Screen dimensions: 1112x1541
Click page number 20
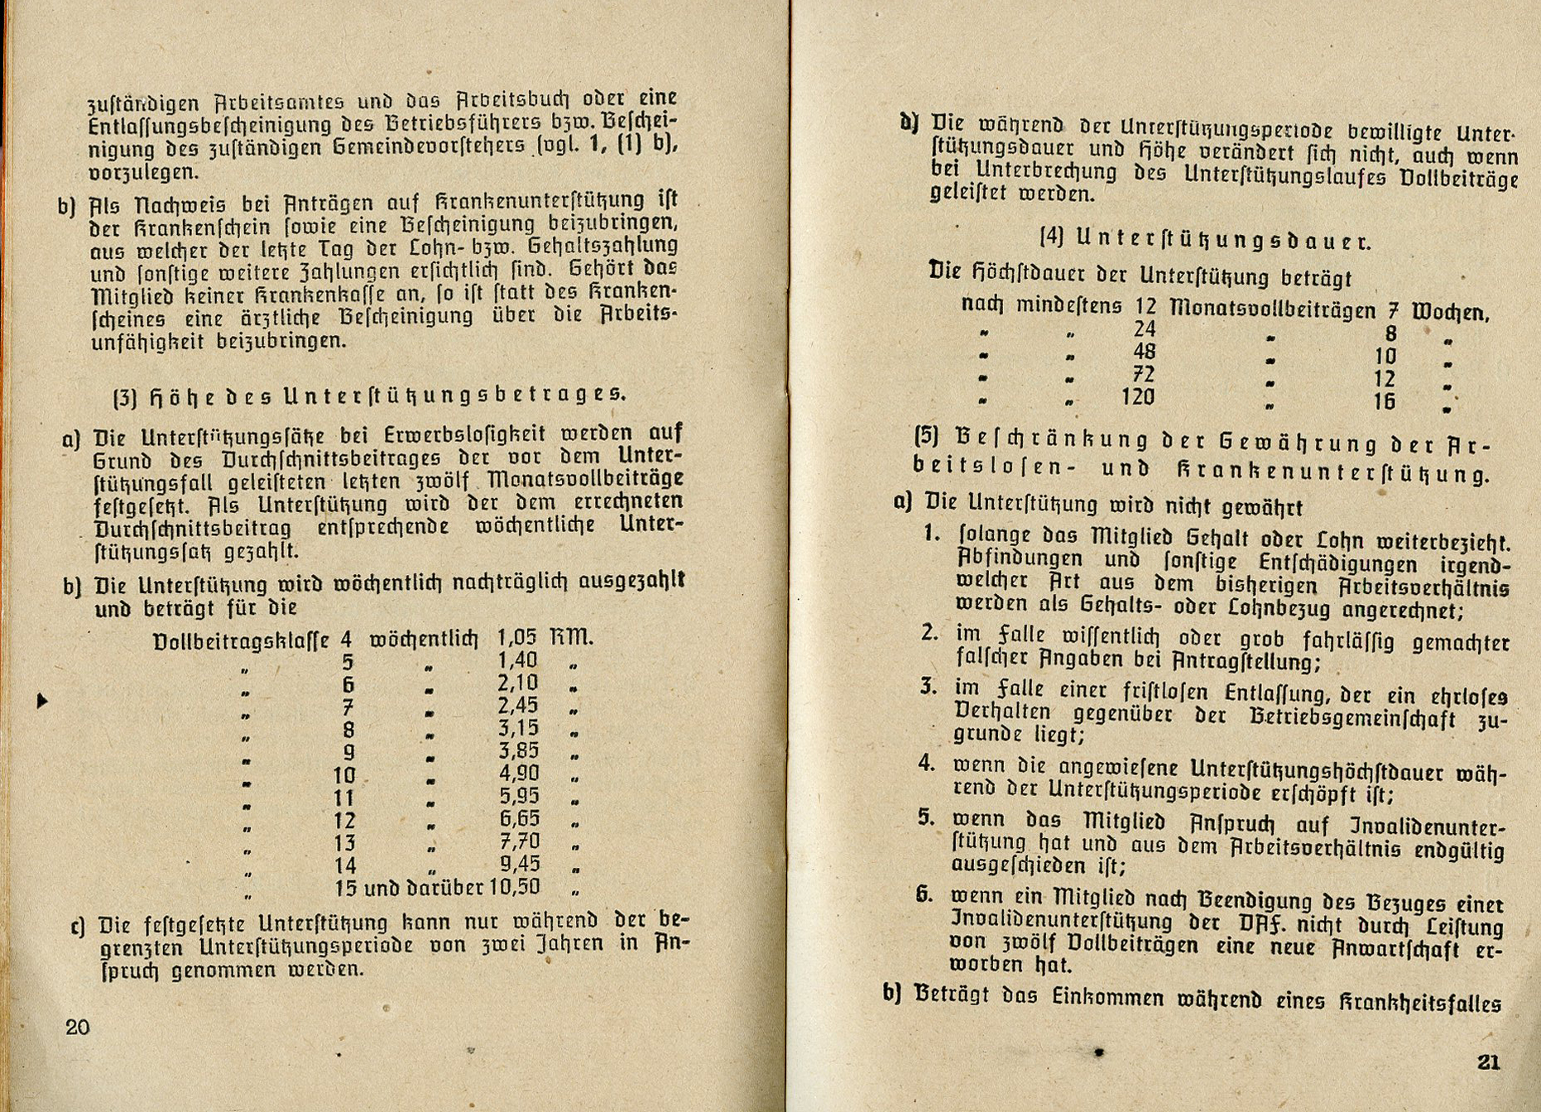[x=77, y=1028]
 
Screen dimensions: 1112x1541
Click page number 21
[x=1489, y=1062]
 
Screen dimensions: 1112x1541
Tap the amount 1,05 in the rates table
[x=517, y=638]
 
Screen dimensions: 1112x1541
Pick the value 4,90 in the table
[x=519, y=774]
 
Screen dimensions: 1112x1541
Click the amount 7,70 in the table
[x=519, y=842]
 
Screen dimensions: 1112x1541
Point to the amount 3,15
[x=519, y=729]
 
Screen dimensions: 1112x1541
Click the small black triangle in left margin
[x=42, y=701]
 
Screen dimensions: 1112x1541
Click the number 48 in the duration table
[x=1144, y=352]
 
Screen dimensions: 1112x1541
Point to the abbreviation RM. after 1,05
[x=571, y=638]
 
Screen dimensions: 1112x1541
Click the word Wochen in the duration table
[x=1450, y=312]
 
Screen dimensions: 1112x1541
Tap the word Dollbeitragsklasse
[x=241, y=641]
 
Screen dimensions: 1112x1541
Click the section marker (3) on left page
[x=124, y=397]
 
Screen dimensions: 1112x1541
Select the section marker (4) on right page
[x=1051, y=238]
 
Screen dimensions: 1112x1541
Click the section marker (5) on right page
[x=926, y=436]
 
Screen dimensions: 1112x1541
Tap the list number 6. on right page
[x=924, y=894]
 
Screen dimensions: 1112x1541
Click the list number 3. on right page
[x=928, y=687]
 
